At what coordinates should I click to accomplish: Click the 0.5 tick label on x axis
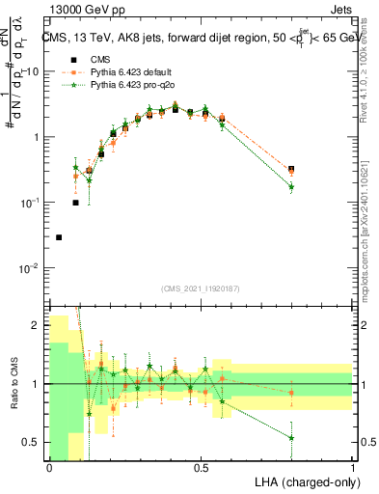[201, 468]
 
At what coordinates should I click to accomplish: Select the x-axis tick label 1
[353, 468]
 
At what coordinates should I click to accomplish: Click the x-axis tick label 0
[49, 468]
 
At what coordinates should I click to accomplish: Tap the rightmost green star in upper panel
[291, 186]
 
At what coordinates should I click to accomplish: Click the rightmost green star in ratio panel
[291, 437]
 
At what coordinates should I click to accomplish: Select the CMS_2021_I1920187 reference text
[201, 288]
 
